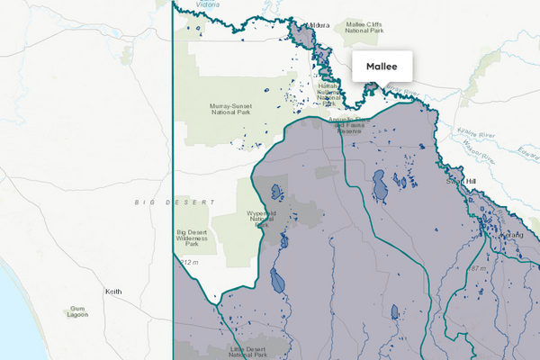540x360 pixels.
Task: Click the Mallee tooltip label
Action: coord(382,67)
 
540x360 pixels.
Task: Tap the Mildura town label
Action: coord(319,25)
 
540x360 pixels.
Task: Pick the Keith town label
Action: coord(113,292)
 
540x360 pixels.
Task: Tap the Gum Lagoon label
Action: coord(78,312)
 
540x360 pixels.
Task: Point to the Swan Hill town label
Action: coord(461,181)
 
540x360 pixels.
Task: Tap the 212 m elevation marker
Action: coord(189,261)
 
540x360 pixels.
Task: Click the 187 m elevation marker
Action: coord(477,268)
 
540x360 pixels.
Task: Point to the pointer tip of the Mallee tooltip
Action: coord(382,88)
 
